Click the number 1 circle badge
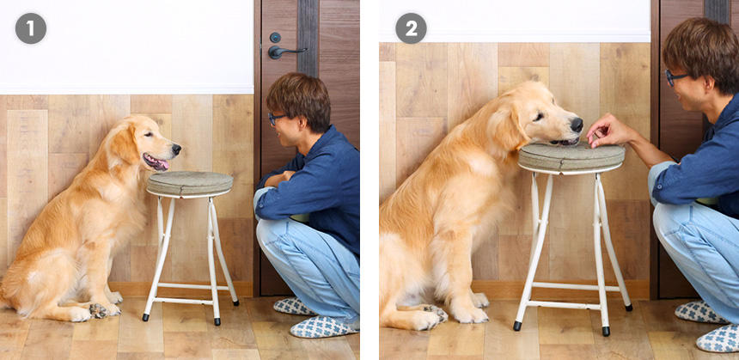pyautogui.click(x=31, y=28)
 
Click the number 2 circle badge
pyautogui.click(x=411, y=28)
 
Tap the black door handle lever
pyautogui.click(x=286, y=51)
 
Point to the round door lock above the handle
pyautogui.click(x=275, y=37)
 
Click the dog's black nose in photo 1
pyautogui.click(x=176, y=149)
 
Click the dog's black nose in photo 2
pyautogui.click(x=577, y=125)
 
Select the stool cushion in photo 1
pyautogui.click(x=190, y=183)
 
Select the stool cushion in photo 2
pyautogui.click(x=571, y=157)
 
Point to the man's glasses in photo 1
pyautogui.click(x=276, y=119)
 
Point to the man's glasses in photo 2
pyautogui.click(x=675, y=76)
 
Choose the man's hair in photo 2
pyautogui.click(x=702, y=50)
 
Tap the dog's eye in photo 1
pyautogui.click(x=150, y=134)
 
